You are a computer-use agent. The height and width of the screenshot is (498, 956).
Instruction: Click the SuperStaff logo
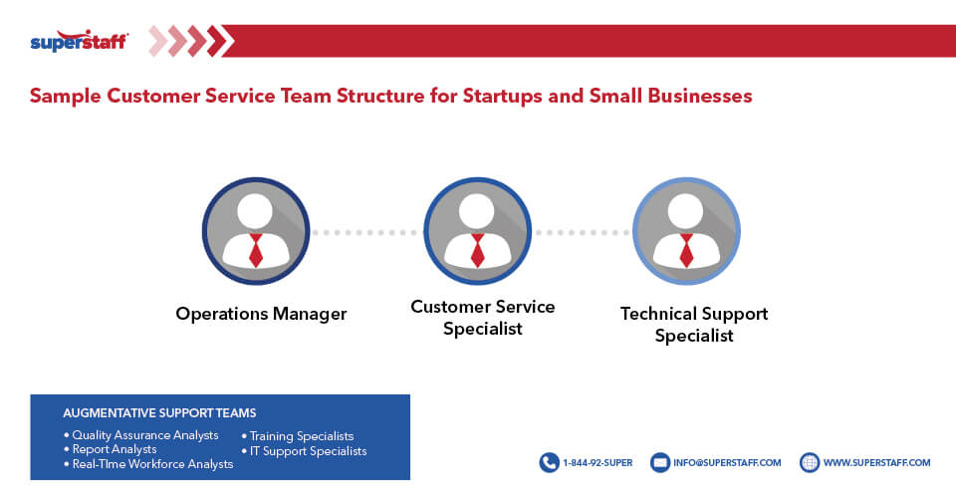(79, 41)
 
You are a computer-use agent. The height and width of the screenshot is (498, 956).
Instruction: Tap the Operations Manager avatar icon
(256, 231)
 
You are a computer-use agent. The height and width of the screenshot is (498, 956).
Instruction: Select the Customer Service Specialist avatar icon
(477, 231)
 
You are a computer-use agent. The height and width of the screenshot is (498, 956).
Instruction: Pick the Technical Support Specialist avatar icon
(686, 231)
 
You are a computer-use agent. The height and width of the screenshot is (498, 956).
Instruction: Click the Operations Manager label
(261, 314)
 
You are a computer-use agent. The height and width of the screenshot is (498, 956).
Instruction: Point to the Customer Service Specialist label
(483, 317)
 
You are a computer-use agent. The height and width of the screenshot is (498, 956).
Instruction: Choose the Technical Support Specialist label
(694, 325)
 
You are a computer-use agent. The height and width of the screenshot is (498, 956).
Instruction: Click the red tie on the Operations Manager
(256, 250)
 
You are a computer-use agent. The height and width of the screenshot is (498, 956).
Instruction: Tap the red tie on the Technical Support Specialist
(686, 250)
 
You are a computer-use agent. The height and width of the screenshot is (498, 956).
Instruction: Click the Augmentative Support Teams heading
(159, 412)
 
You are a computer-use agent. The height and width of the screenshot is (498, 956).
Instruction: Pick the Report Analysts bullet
(114, 449)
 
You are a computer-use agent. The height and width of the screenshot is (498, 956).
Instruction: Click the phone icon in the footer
(549, 462)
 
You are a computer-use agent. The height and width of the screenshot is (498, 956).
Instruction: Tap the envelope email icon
(659, 462)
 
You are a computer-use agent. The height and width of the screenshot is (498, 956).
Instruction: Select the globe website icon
(809, 462)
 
